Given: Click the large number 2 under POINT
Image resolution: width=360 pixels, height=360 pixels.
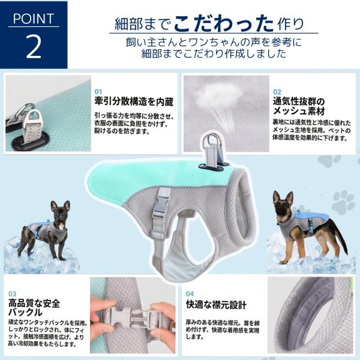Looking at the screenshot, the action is [x=34, y=47].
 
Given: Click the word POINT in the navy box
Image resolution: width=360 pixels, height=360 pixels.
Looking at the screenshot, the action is [x=34, y=19].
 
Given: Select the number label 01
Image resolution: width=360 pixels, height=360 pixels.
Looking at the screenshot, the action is [x=98, y=92].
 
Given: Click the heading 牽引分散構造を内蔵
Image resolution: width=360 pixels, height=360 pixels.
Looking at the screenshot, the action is [x=134, y=101].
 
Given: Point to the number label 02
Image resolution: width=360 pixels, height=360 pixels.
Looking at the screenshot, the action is [x=277, y=92].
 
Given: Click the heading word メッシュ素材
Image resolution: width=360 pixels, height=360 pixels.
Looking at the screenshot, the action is [x=299, y=111].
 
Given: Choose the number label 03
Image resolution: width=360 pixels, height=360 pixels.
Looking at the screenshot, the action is [x=13, y=294].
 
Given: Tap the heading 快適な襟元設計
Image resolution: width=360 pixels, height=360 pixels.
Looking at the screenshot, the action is [x=216, y=305].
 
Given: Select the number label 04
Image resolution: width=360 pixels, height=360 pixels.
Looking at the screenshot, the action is [x=190, y=293].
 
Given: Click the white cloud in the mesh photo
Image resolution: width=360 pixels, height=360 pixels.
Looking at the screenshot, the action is [x=221, y=95].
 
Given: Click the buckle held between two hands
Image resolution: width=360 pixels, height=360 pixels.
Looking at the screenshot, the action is [x=133, y=317].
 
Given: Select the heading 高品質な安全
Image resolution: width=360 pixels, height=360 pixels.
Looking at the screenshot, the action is [x=34, y=304].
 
